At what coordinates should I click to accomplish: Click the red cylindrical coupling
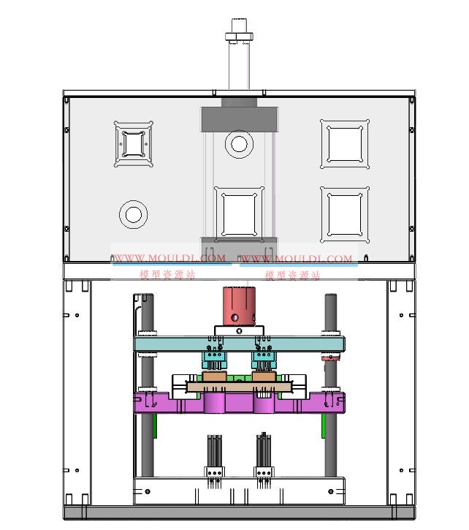coord(239,306)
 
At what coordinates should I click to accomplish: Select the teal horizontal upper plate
coord(239,344)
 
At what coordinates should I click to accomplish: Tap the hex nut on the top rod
coord(239,36)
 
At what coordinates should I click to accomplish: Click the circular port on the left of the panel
coord(134,214)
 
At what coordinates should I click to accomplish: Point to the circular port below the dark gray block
coord(239,144)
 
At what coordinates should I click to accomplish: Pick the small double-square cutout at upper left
coord(134,144)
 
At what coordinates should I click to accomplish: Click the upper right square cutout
coord(345,144)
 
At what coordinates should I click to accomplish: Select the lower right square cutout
coord(345,215)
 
